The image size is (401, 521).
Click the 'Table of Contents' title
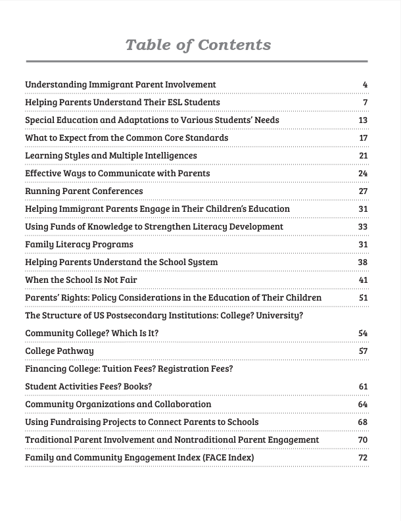197,45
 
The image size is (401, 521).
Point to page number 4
365,85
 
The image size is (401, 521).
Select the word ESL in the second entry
168,103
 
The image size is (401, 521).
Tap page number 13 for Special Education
363,120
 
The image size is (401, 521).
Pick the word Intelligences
170,156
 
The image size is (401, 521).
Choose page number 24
363,174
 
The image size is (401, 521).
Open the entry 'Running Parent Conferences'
83,191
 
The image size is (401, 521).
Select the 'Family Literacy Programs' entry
79,245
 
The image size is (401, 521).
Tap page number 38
363,262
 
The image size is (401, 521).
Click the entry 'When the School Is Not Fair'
81,280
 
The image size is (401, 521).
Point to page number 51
363,298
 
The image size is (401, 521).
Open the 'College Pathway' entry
59,351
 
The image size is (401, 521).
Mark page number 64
363,405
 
